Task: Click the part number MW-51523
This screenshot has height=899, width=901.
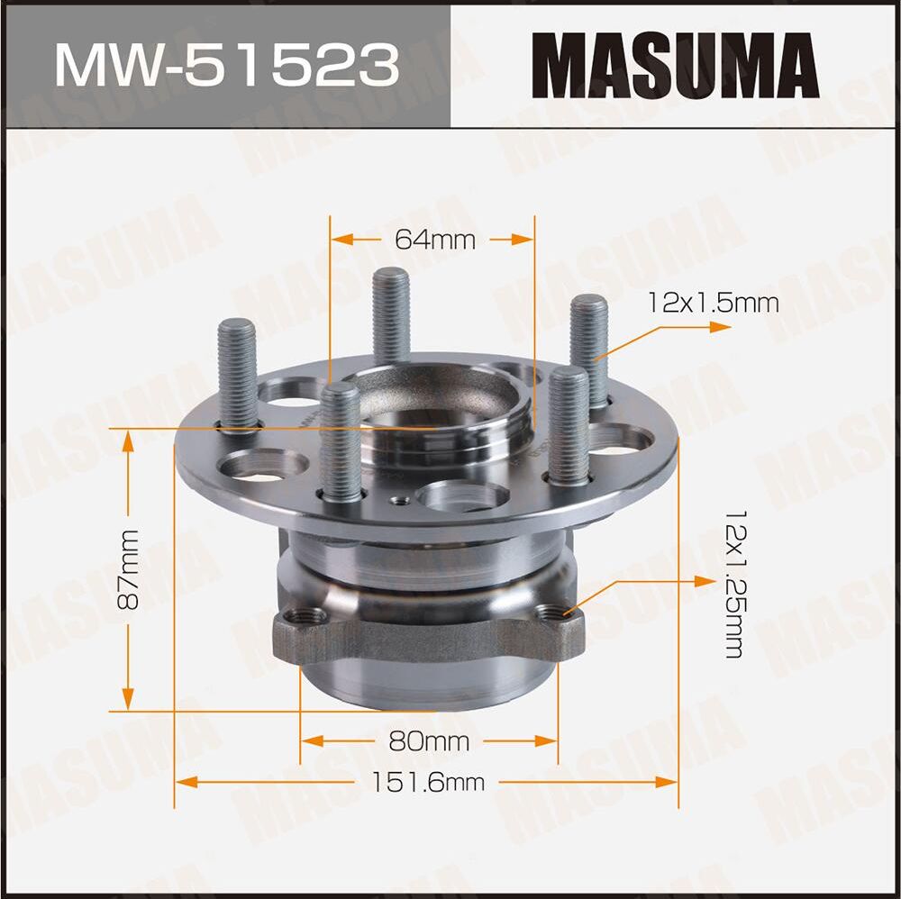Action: pyautogui.click(x=225, y=66)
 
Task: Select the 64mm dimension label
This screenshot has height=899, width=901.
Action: pyautogui.click(x=433, y=240)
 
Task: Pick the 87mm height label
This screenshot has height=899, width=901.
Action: pyautogui.click(x=129, y=569)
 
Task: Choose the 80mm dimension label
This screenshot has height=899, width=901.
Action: pyautogui.click(x=429, y=741)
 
